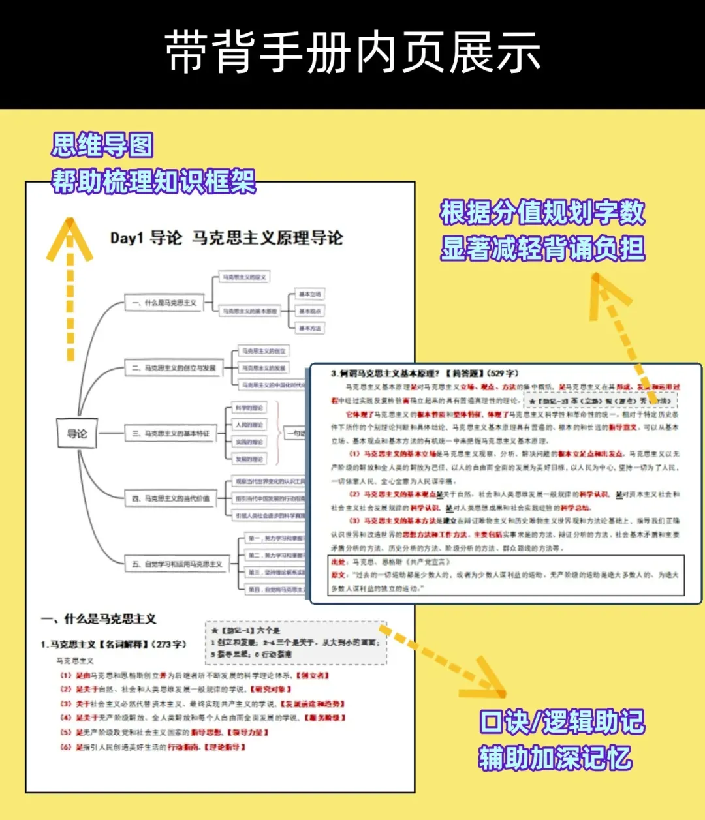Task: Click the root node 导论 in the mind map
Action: (77, 433)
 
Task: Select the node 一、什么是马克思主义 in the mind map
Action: (164, 303)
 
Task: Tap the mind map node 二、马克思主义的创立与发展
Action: (174, 368)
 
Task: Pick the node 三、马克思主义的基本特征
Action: (171, 433)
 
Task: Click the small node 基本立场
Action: (309, 294)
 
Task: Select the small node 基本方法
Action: (309, 328)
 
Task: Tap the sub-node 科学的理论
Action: (249, 408)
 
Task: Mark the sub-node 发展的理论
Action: (249, 459)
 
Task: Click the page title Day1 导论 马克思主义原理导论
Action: (227, 238)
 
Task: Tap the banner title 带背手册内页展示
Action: (352, 52)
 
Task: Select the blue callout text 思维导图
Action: (102, 145)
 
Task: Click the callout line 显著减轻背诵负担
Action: (542, 249)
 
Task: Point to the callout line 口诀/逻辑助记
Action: (561, 722)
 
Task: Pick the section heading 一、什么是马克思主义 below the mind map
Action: (99, 618)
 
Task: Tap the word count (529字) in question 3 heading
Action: (503, 373)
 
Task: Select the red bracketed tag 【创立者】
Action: (313, 675)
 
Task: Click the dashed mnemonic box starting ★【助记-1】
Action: (296, 642)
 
